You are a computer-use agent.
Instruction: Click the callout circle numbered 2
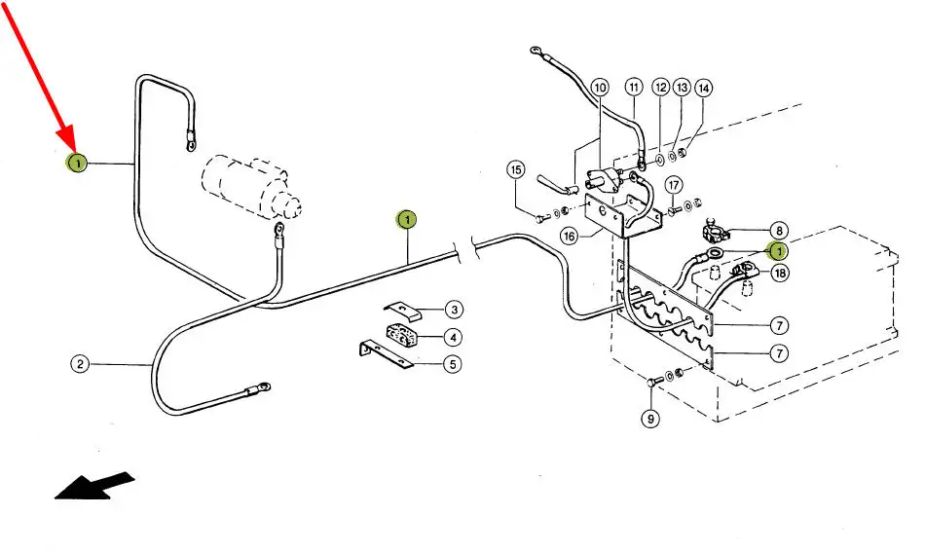(x=80, y=364)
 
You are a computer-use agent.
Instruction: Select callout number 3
(x=453, y=310)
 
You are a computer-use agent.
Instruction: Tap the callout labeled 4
(x=453, y=337)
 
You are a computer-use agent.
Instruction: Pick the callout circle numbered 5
(x=453, y=364)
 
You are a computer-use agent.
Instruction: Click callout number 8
(x=779, y=231)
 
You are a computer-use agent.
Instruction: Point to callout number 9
(x=650, y=419)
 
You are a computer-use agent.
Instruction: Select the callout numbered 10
(x=599, y=88)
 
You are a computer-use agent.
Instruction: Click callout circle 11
(x=634, y=88)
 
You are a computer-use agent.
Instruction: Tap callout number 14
(x=703, y=88)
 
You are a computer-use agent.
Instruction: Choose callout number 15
(x=516, y=171)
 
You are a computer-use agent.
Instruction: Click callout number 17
(x=673, y=185)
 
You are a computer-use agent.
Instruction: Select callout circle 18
(x=779, y=274)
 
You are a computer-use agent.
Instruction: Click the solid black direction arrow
(x=93, y=484)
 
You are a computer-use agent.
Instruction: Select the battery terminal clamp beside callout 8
(x=718, y=234)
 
